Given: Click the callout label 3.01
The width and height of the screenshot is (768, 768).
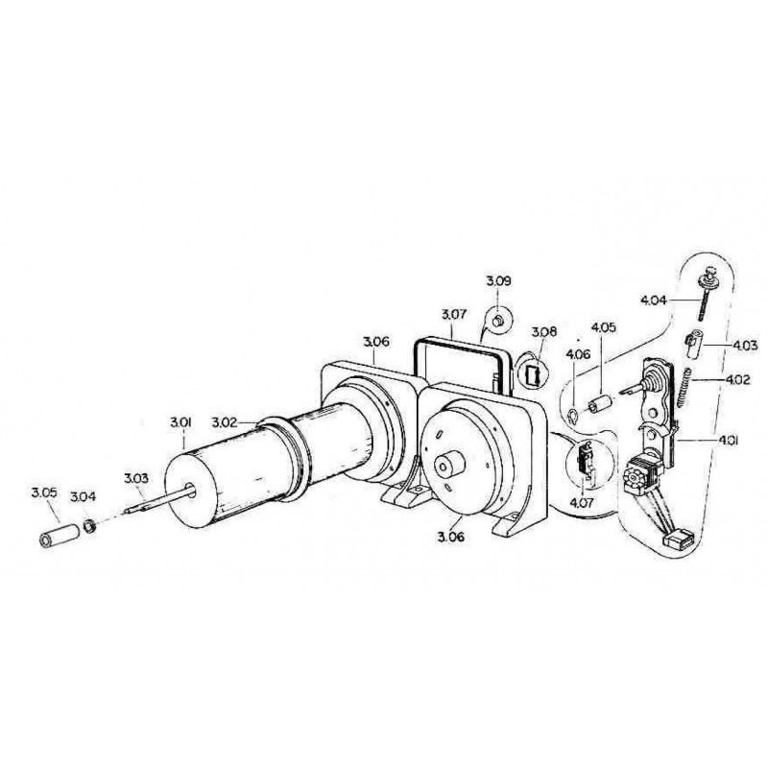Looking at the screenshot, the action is pos(180,422).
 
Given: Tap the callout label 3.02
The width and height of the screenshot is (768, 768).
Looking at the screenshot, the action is pos(225,422).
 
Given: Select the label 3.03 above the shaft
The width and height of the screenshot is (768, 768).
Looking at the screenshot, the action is pos(135,478).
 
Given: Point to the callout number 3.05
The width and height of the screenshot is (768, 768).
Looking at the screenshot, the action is pos(44,492).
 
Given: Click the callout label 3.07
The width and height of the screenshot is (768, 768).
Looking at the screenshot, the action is pos(454,314).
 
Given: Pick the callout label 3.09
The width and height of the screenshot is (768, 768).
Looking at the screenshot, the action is pos(498,281).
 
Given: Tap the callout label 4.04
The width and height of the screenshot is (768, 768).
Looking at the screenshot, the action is pos(654,300).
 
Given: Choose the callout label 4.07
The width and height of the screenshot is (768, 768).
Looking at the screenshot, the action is pos(583,502).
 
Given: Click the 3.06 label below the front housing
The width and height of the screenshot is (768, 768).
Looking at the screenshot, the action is pos(450,537).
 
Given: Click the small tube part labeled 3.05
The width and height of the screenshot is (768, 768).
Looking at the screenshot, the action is pos(60,536).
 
